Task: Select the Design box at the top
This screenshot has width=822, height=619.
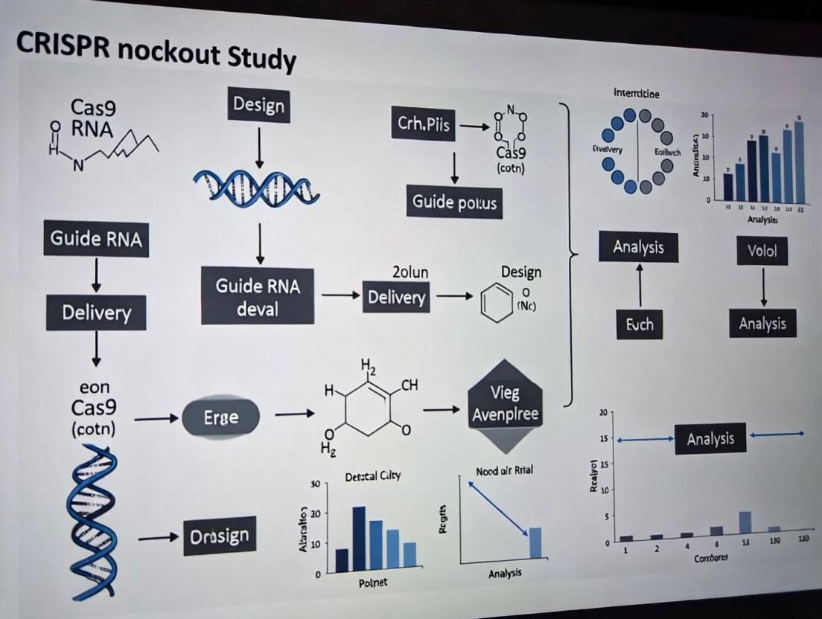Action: coord(258,106)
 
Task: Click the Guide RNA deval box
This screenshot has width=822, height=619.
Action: coord(258,296)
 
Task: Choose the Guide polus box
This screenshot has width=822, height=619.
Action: coord(454,201)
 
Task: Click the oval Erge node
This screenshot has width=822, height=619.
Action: coord(221,417)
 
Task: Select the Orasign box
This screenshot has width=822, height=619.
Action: coord(220,536)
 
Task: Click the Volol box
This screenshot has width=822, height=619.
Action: coord(762,251)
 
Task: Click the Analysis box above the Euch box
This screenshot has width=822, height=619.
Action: coord(638,246)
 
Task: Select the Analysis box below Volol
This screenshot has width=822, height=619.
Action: coord(762,324)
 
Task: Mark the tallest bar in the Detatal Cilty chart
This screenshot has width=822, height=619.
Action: coord(359,539)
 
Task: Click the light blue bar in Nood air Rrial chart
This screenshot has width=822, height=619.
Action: coord(535,542)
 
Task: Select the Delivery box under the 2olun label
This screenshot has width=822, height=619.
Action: coord(396,298)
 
